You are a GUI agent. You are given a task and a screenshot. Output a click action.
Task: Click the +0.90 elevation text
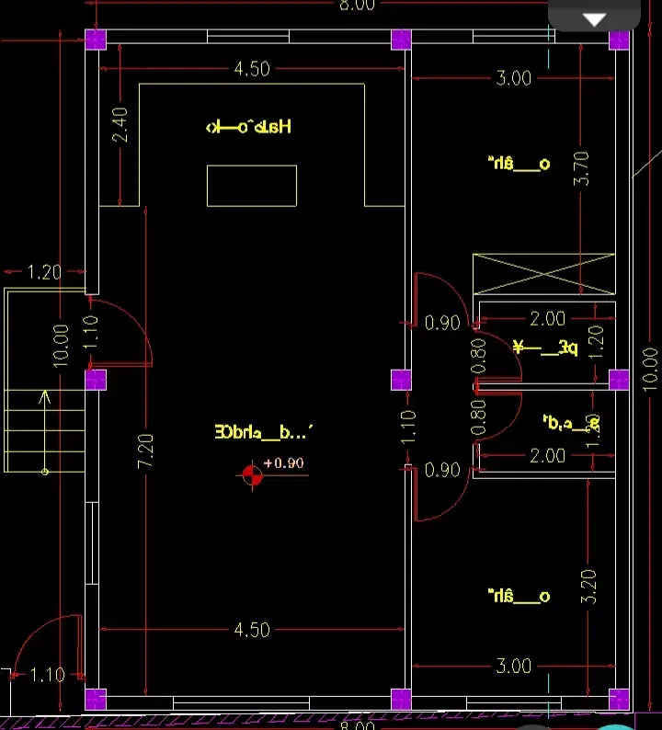point(283,462)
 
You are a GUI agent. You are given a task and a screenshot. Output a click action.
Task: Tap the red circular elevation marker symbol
point(251,474)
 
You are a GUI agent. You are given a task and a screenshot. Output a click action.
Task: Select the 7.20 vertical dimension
point(146,450)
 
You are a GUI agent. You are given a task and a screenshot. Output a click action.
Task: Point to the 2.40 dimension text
point(120,124)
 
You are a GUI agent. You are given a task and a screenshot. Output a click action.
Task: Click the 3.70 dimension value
point(580,168)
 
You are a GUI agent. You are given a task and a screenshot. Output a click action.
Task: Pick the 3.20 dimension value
point(589,586)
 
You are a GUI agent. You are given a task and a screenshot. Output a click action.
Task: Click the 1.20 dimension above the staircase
point(44,272)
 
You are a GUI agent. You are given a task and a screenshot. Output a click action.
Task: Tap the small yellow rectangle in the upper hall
point(251,186)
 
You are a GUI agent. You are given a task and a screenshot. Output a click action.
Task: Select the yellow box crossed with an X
point(543,274)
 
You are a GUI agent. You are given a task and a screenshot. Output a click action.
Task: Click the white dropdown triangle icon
point(596,19)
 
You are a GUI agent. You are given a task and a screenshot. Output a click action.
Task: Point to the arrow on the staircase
point(43,397)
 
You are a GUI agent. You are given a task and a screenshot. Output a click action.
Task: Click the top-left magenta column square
point(96,40)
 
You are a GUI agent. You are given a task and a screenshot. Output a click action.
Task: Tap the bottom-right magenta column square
point(619,698)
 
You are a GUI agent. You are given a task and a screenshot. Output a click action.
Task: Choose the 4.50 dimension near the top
point(251,69)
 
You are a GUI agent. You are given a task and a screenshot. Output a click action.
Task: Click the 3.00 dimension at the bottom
point(513,666)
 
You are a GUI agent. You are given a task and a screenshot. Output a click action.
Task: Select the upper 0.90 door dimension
point(442,323)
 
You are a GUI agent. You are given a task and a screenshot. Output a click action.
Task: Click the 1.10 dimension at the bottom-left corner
point(47,675)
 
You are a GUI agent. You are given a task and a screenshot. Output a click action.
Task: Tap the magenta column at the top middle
point(401,40)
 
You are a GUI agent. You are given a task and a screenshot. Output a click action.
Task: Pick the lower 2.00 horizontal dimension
point(548,455)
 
